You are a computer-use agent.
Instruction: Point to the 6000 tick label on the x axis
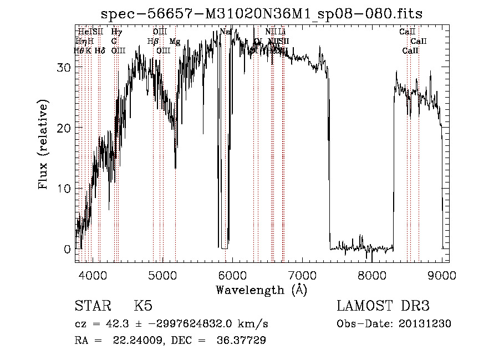(232, 275)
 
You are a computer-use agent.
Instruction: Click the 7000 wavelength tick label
(302, 275)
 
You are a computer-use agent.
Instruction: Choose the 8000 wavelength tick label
(372, 275)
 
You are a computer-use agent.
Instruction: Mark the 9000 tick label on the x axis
(442, 275)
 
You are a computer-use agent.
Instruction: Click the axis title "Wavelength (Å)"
(261, 289)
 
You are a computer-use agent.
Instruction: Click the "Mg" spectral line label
(175, 42)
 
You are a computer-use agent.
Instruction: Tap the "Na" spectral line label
(225, 32)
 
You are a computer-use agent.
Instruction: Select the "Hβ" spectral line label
(153, 42)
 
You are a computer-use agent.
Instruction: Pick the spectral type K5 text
(143, 307)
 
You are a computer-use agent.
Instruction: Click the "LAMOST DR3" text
(383, 307)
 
